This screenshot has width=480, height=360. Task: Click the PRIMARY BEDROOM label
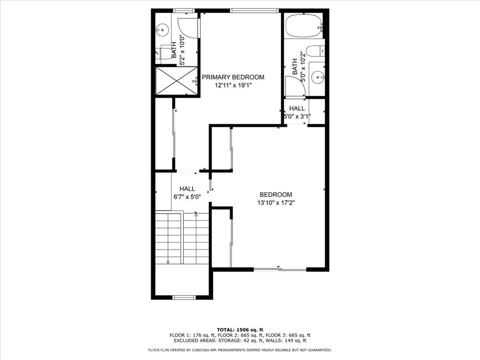pos(232,77)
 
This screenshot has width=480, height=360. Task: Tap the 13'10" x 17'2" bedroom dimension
pos(276,202)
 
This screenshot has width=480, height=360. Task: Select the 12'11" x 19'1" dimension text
pos(233,86)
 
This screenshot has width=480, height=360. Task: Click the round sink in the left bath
pos(162,30)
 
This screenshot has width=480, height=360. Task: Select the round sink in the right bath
pos(318,77)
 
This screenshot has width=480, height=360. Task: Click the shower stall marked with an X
pos(176,81)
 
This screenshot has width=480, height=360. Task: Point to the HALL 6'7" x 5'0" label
pos(187,193)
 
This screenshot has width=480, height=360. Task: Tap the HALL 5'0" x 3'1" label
pos(297,112)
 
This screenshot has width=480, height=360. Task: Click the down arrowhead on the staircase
pos(168,262)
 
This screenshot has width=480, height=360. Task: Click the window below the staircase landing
pos(184,297)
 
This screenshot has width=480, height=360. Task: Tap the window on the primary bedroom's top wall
pos(255,11)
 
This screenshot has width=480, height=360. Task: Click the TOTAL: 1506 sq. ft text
pos(240,330)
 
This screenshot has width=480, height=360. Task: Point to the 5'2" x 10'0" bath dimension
pos(182,50)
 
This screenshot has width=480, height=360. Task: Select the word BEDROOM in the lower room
pos(276,195)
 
